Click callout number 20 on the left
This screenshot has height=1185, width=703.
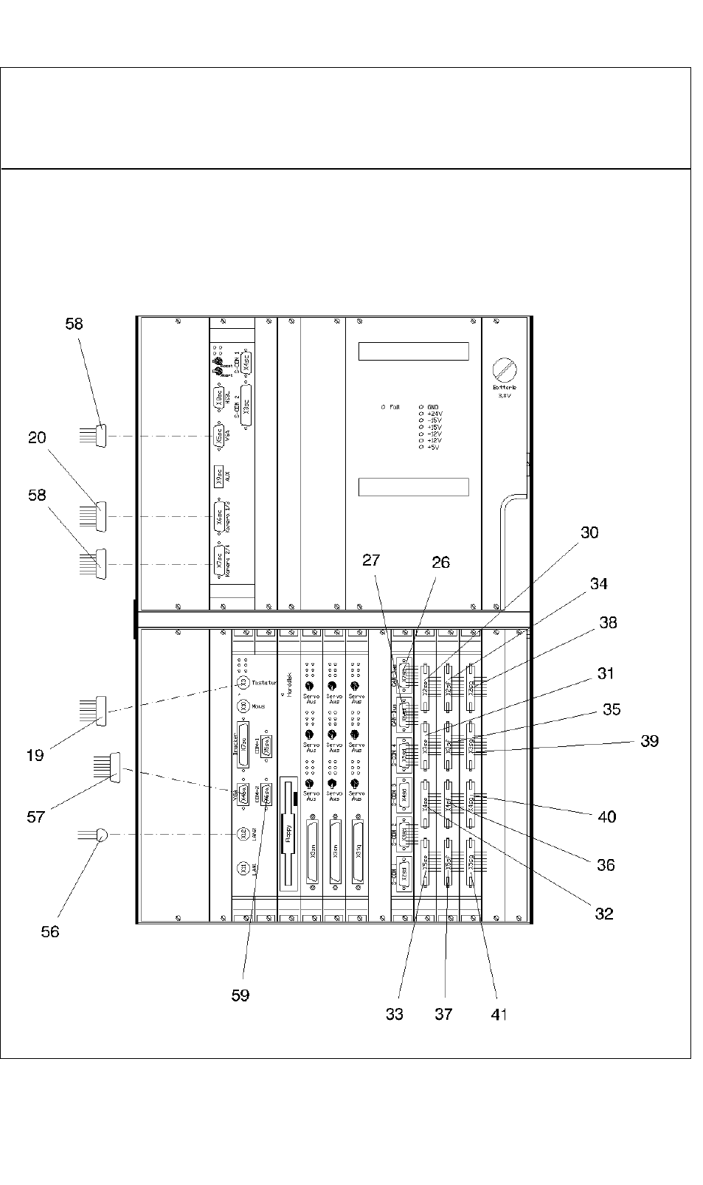pos(37,438)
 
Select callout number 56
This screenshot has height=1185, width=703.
pos(49,932)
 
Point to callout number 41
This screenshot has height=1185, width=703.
pos(499,1015)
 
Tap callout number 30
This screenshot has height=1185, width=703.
pos(589,533)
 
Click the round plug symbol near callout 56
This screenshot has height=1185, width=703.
pos(102,835)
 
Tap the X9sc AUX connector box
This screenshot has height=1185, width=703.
pos(218,475)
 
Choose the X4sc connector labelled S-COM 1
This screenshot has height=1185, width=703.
pos(246,361)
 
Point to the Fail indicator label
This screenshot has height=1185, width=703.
pos(394,407)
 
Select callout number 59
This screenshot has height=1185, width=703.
pos(240,995)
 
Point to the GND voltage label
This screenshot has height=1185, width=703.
pos(433,407)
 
